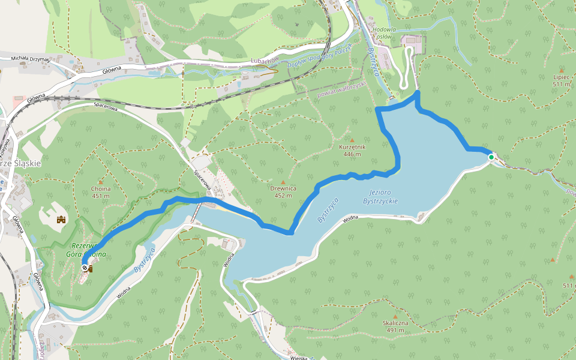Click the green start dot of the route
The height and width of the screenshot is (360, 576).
coord(491,157)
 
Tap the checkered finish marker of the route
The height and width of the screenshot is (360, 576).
coord(85,268)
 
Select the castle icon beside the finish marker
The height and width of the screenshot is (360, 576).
coord(91,269)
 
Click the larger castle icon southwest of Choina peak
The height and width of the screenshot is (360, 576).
coord(61,220)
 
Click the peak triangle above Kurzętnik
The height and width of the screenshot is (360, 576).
coord(352,140)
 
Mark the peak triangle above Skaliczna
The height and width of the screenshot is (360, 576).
coord(395,317)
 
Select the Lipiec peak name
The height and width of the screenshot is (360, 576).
coord(561,77)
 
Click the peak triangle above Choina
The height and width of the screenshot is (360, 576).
coord(100,182)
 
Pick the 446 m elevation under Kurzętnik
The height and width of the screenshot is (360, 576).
coord(352,154)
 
